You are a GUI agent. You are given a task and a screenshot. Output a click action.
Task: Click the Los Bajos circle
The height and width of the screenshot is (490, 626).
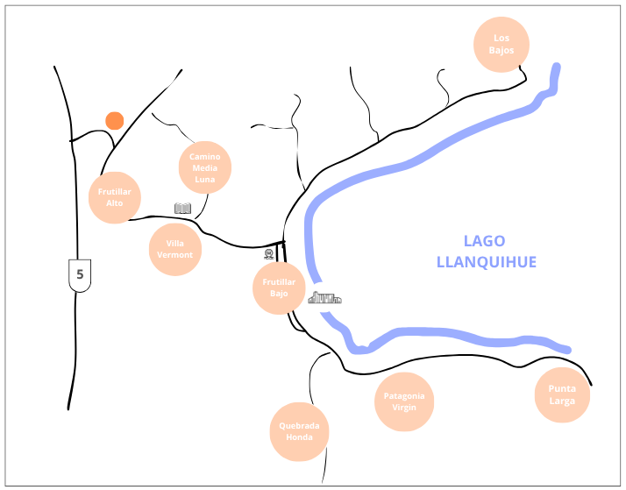pyautogui.click(x=502, y=44)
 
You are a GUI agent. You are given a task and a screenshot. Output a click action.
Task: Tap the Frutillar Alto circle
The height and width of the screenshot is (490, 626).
pyautogui.click(x=115, y=196)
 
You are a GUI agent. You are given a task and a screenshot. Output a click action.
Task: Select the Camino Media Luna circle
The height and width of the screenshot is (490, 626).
pyautogui.click(x=205, y=167)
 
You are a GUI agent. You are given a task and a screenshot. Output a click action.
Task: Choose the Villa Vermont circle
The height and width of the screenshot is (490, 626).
pyautogui.click(x=175, y=249)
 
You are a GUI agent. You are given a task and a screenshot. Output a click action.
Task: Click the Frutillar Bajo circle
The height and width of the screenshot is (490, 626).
pyautogui.click(x=279, y=288)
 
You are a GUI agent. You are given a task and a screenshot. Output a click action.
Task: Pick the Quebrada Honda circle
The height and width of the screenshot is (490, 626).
pyautogui.click(x=299, y=432)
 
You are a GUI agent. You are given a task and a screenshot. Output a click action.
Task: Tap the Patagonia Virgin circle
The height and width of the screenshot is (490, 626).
pyautogui.click(x=405, y=401)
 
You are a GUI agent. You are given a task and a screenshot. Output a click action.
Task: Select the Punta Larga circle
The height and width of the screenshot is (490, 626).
pyautogui.click(x=562, y=395)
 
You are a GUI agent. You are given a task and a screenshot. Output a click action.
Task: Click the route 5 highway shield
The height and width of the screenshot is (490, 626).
pyautogui.click(x=80, y=274)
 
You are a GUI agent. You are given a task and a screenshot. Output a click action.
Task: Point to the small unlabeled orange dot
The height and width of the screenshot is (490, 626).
pyautogui.click(x=114, y=120)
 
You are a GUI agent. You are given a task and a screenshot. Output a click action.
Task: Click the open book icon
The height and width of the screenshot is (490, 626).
pyautogui.click(x=182, y=209)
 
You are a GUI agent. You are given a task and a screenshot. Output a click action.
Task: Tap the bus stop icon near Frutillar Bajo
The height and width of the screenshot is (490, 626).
pyautogui.click(x=269, y=253)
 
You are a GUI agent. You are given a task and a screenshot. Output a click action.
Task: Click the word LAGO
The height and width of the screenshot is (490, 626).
pyautogui.click(x=485, y=241)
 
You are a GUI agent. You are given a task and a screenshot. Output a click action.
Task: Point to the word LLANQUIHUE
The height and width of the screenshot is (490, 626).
pyautogui.click(x=486, y=261)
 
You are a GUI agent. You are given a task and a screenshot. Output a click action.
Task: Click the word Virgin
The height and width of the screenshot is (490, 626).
pyautogui.click(x=405, y=408)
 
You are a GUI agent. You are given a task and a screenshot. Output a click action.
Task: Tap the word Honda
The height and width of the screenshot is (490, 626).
pyautogui.click(x=299, y=438)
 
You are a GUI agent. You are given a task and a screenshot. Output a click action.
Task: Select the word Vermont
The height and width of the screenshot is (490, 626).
pyautogui.click(x=175, y=255)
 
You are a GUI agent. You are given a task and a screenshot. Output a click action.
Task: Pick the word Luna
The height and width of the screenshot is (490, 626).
pyautogui.click(x=205, y=179)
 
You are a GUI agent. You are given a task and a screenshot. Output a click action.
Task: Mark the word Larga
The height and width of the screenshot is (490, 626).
pyautogui.click(x=562, y=401)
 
